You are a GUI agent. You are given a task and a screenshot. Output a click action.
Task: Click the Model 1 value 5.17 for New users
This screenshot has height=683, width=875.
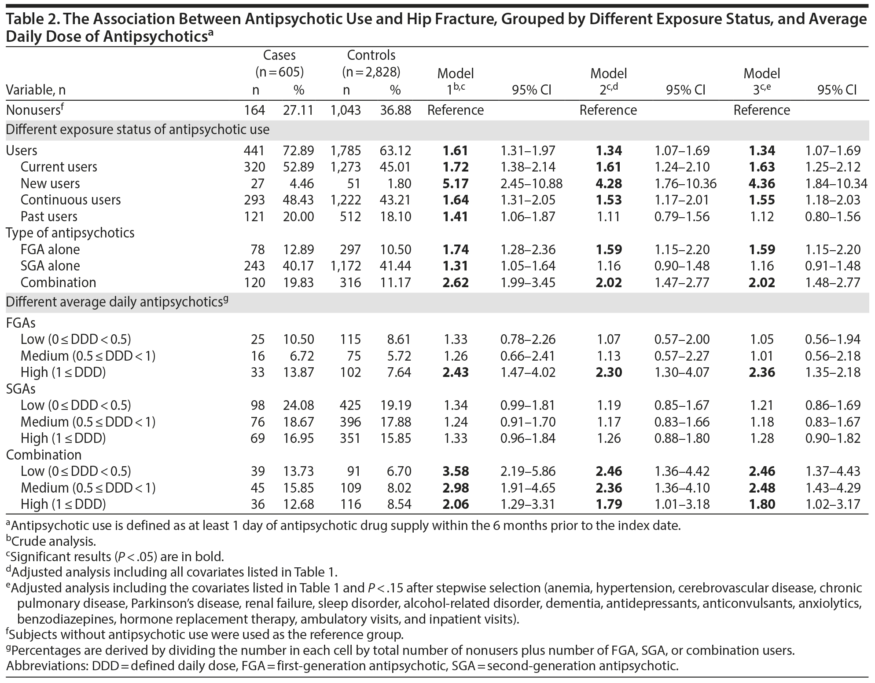click(455, 183)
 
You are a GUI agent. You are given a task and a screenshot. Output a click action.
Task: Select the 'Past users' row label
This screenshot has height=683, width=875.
click(49, 216)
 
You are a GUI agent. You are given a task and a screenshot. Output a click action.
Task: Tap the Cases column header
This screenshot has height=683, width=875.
click(279, 55)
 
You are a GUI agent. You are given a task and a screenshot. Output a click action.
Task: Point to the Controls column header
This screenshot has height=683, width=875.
click(371, 55)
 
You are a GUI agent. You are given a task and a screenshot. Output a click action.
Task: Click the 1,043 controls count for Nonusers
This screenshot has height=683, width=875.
click(346, 110)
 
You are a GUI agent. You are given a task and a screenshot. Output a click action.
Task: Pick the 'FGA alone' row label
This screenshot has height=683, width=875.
click(50, 249)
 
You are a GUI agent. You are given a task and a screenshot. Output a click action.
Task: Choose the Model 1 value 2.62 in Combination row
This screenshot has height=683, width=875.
click(455, 282)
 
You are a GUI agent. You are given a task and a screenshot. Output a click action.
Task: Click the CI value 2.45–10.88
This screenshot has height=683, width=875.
click(531, 183)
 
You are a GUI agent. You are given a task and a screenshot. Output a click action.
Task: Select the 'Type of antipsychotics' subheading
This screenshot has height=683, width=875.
click(70, 233)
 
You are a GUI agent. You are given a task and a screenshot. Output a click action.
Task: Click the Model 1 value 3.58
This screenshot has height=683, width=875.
click(455, 471)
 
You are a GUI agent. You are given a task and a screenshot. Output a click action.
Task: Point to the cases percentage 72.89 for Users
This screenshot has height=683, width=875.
click(298, 150)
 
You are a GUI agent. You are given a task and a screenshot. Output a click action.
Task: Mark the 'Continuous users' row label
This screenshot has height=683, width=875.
click(70, 200)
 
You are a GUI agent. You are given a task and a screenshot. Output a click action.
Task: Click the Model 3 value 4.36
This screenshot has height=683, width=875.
click(762, 183)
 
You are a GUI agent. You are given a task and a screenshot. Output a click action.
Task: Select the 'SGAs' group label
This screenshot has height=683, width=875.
click(21, 389)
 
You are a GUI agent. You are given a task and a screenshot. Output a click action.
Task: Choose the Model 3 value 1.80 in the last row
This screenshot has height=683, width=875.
click(762, 504)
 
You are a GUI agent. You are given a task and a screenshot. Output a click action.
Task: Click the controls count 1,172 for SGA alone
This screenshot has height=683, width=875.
click(346, 266)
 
